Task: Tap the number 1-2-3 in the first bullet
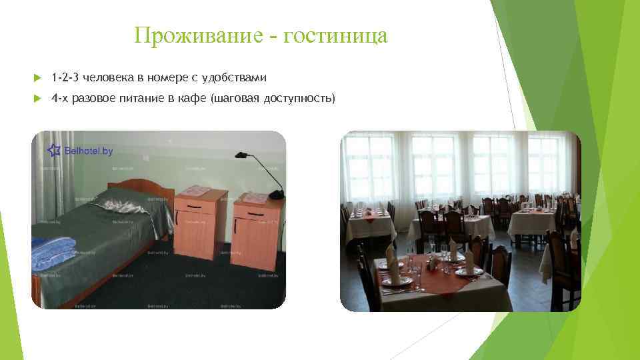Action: click(65, 79)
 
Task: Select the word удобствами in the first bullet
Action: click(238, 79)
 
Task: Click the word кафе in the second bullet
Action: click(193, 99)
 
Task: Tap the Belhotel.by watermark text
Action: click(89, 151)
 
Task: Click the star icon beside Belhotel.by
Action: click(53, 149)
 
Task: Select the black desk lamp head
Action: click(243, 155)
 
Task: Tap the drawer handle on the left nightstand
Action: click(194, 206)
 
